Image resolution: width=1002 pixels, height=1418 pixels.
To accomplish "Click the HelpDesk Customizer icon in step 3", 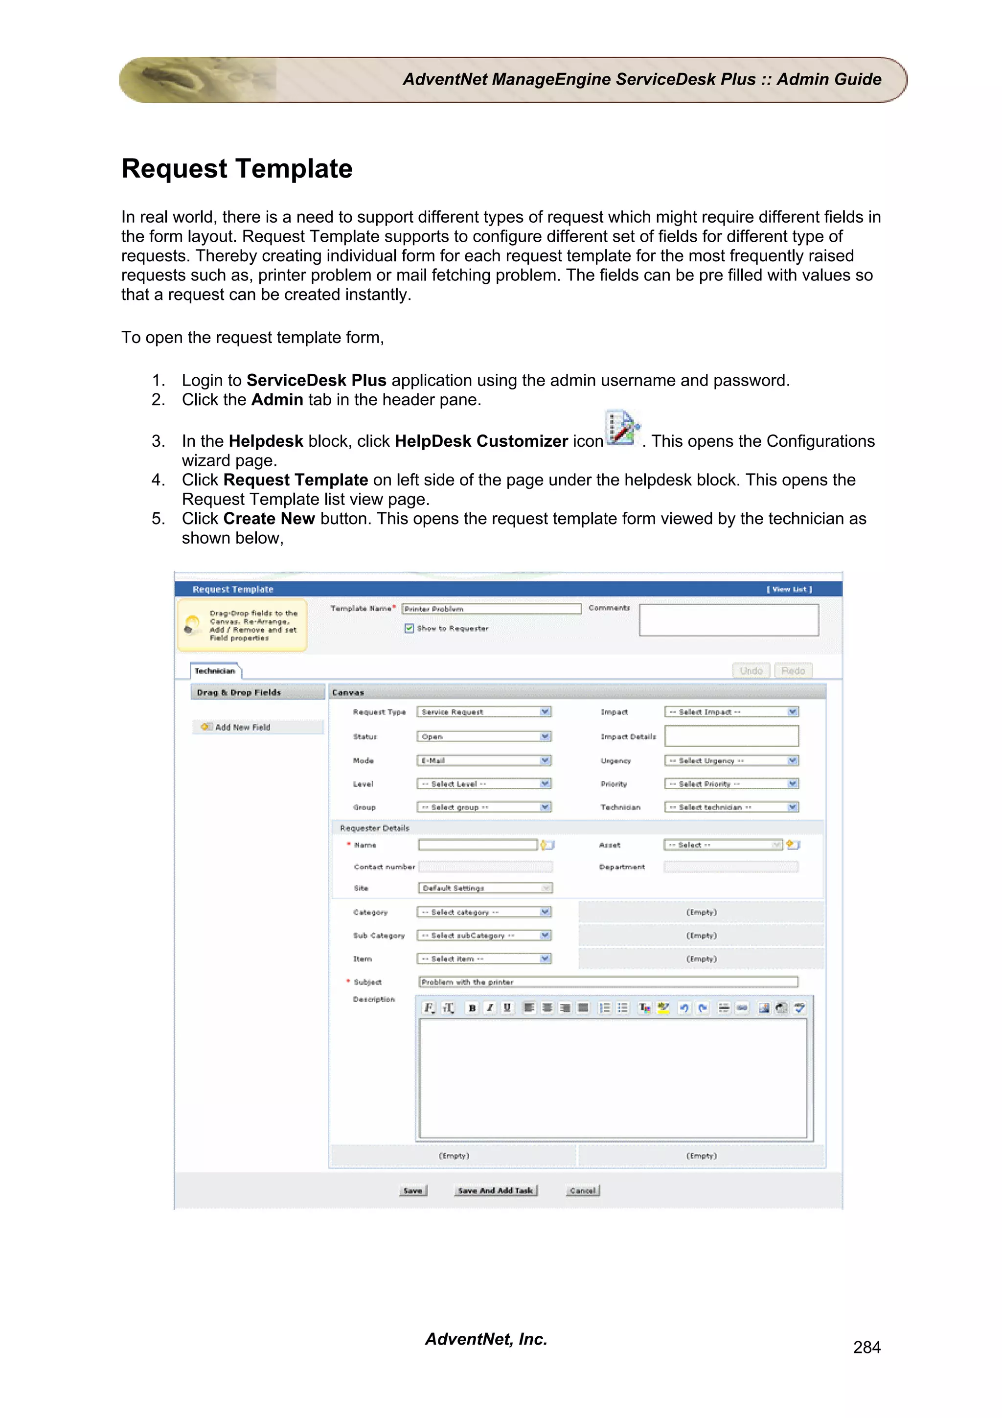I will (x=622, y=428).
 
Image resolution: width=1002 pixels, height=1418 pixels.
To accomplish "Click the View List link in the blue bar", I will (x=789, y=589).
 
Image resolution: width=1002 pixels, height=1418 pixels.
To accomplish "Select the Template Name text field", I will (x=491, y=609).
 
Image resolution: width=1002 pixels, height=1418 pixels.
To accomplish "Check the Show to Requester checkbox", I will (x=409, y=628).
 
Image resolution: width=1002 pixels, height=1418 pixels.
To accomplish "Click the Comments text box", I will (x=729, y=620).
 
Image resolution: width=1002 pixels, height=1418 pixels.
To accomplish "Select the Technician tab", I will (x=215, y=671).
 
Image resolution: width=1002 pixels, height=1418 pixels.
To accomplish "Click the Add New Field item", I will (x=242, y=728).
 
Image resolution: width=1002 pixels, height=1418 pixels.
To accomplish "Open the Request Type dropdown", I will (x=483, y=712).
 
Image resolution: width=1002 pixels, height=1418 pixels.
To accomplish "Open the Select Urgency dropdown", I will (x=731, y=761).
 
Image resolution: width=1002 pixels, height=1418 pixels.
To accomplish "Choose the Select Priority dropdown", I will (x=731, y=784).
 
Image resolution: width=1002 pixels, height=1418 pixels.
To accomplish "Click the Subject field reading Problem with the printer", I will (x=608, y=982).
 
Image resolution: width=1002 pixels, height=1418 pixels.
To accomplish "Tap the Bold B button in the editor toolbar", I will (x=472, y=1008).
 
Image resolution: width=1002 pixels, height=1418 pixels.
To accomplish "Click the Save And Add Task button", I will (x=495, y=1190).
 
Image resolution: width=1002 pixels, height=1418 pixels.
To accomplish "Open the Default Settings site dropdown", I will (x=485, y=888).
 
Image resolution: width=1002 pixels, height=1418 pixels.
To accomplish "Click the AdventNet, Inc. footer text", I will (x=486, y=1339).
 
